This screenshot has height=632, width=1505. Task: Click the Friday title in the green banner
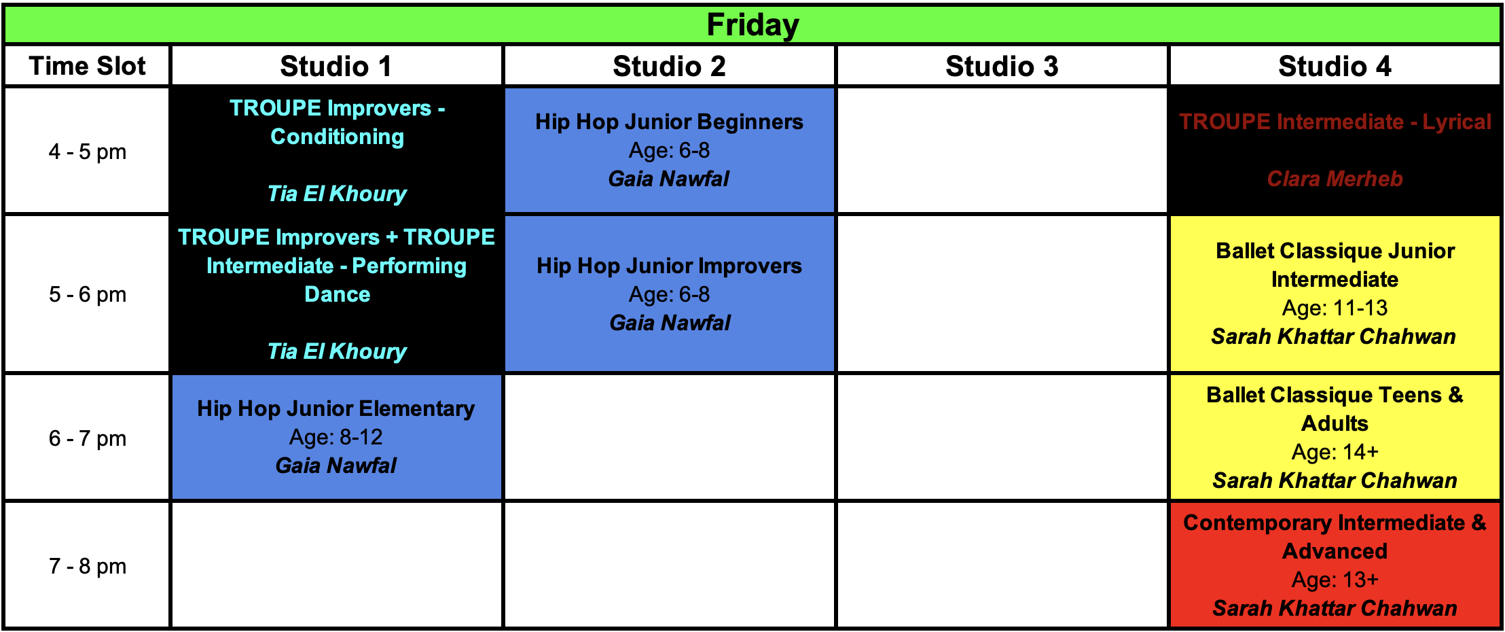tap(752, 25)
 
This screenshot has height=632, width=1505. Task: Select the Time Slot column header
tap(87, 66)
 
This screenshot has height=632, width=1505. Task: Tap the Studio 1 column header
tap(336, 66)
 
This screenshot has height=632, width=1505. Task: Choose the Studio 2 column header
tap(669, 66)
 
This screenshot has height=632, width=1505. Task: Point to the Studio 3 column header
tap(1002, 66)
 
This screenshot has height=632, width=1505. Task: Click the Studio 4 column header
tap(1335, 66)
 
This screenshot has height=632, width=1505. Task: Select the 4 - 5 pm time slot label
tap(88, 152)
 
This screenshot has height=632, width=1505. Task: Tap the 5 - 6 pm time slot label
tap(88, 294)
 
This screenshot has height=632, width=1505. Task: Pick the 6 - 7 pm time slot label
tap(88, 438)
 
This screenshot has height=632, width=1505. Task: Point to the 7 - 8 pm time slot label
tap(88, 566)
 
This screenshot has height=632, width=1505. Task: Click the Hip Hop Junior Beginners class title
tap(669, 122)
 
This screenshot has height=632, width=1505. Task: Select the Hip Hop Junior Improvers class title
tap(669, 266)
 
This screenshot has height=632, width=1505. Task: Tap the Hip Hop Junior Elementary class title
tap(336, 408)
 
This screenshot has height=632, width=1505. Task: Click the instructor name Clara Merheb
tap(1335, 179)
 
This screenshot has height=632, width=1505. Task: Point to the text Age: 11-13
tap(1335, 308)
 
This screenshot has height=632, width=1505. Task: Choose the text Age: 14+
tap(1335, 452)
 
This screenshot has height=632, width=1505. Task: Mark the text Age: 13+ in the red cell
tap(1335, 580)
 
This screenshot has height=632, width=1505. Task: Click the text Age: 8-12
tap(336, 437)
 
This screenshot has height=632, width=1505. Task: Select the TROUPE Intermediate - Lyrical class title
tap(1335, 122)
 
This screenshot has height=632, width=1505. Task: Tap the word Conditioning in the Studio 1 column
tap(338, 137)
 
